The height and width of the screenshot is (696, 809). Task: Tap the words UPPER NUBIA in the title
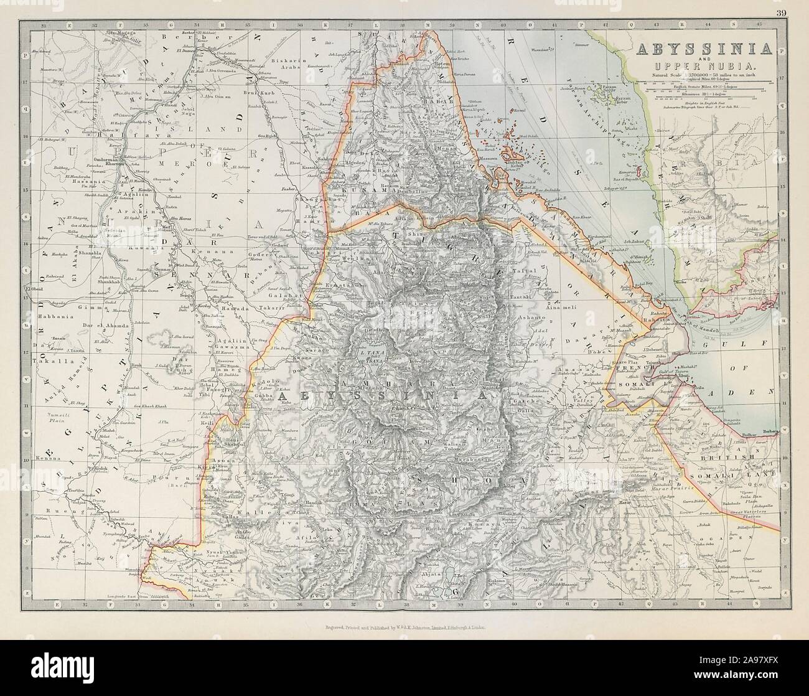point(705,66)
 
